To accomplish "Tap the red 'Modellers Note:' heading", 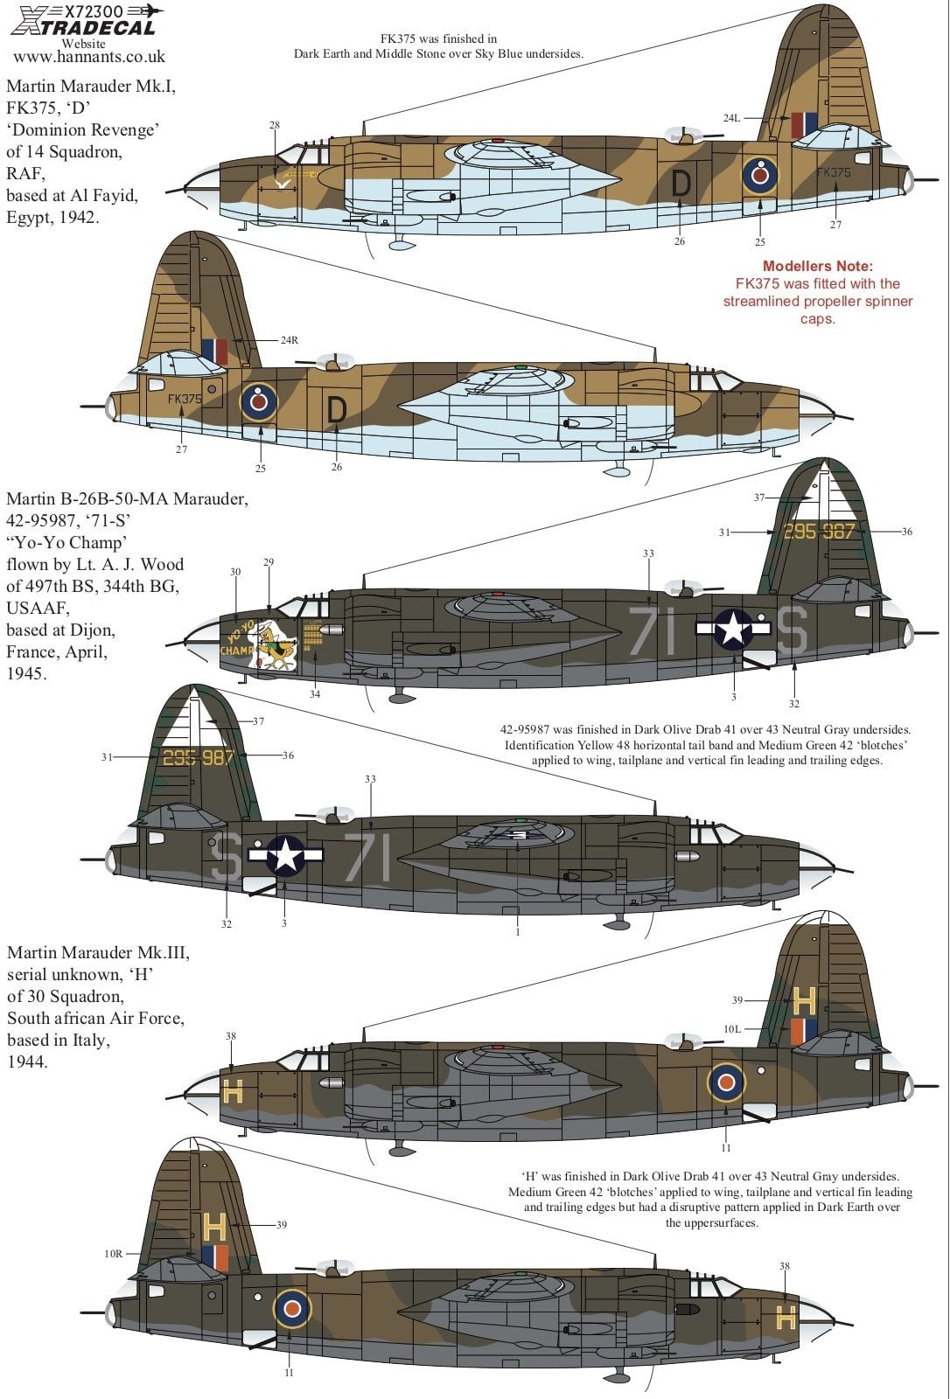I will [x=817, y=266].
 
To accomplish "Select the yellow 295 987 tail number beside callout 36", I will [x=819, y=531].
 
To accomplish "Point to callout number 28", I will [x=275, y=125].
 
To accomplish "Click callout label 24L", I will [x=731, y=118].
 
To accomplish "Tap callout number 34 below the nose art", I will [x=315, y=694].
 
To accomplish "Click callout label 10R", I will [x=114, y=1254].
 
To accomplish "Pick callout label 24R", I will [x=289, y=340].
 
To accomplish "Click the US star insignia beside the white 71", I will [x=733, y=628].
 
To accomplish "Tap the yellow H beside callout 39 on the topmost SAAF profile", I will [x=805, y=999].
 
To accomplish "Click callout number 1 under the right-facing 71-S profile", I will [x=518, y=932].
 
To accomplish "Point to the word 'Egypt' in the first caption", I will [x=28, y=218].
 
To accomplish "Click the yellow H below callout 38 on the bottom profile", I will [x=786, y=1318].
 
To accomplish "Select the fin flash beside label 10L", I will [x=804, y=1032].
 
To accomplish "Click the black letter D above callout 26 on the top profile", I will [x=681, y=184].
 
